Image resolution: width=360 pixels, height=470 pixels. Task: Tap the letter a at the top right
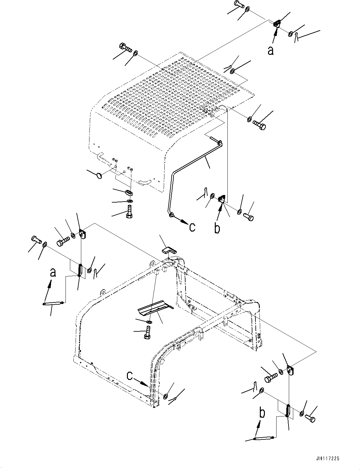tap(270, 50)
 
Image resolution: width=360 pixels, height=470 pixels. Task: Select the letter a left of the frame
tap(53, 272)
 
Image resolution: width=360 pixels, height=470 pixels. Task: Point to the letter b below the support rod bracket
tap(217, 228)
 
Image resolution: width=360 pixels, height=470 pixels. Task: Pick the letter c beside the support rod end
tap(192, 226)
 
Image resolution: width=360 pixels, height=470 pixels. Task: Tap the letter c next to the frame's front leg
tap(130, 375)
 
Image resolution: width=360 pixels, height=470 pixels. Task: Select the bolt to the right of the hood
tap(259, 125)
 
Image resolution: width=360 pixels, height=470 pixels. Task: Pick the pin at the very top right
tap(240, 4)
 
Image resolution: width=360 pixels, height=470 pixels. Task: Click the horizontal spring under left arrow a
tap(54, 304)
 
